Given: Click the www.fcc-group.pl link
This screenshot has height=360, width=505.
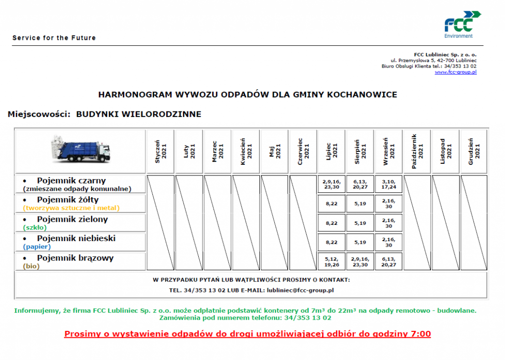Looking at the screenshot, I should (x=456, y=72).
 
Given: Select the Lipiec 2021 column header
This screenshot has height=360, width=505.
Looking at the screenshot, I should (x=331, y=151).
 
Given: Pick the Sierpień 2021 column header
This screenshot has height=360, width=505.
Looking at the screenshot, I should (x=360, y=151).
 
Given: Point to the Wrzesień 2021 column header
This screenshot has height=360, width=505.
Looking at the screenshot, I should (x=389, y=151).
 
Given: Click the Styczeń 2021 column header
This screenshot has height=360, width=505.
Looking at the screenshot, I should (x=160, y=151).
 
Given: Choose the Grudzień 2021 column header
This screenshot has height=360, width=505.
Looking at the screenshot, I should (x=474, y=151).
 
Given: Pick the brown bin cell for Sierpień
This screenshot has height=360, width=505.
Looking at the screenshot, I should (x=360, y=261).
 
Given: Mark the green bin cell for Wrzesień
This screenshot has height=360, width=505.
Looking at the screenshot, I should (x=389, y=223).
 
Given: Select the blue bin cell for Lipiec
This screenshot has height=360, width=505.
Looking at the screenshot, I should (x=331, y=243).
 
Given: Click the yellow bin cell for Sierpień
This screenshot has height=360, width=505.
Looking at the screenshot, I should (x=360, y=204).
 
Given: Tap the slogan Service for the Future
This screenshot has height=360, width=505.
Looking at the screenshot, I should (x=54, y=38).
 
